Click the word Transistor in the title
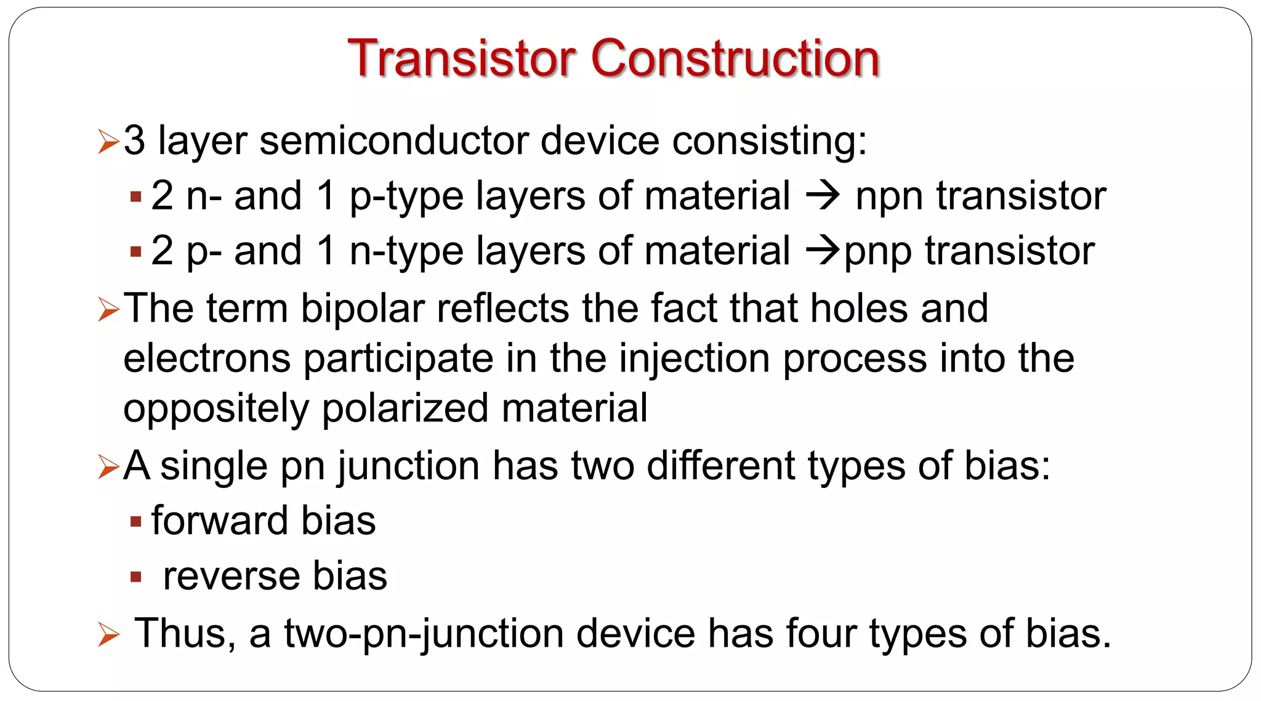[461, 59]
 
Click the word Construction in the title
[735, 59]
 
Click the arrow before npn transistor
[823, 196]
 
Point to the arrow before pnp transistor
[823, 251]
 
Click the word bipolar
[363, 309]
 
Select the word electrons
[207, 359]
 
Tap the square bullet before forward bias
[136, 522]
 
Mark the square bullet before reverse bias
[136, 578]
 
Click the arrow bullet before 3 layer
[108, 142]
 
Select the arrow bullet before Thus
[108, 634]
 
